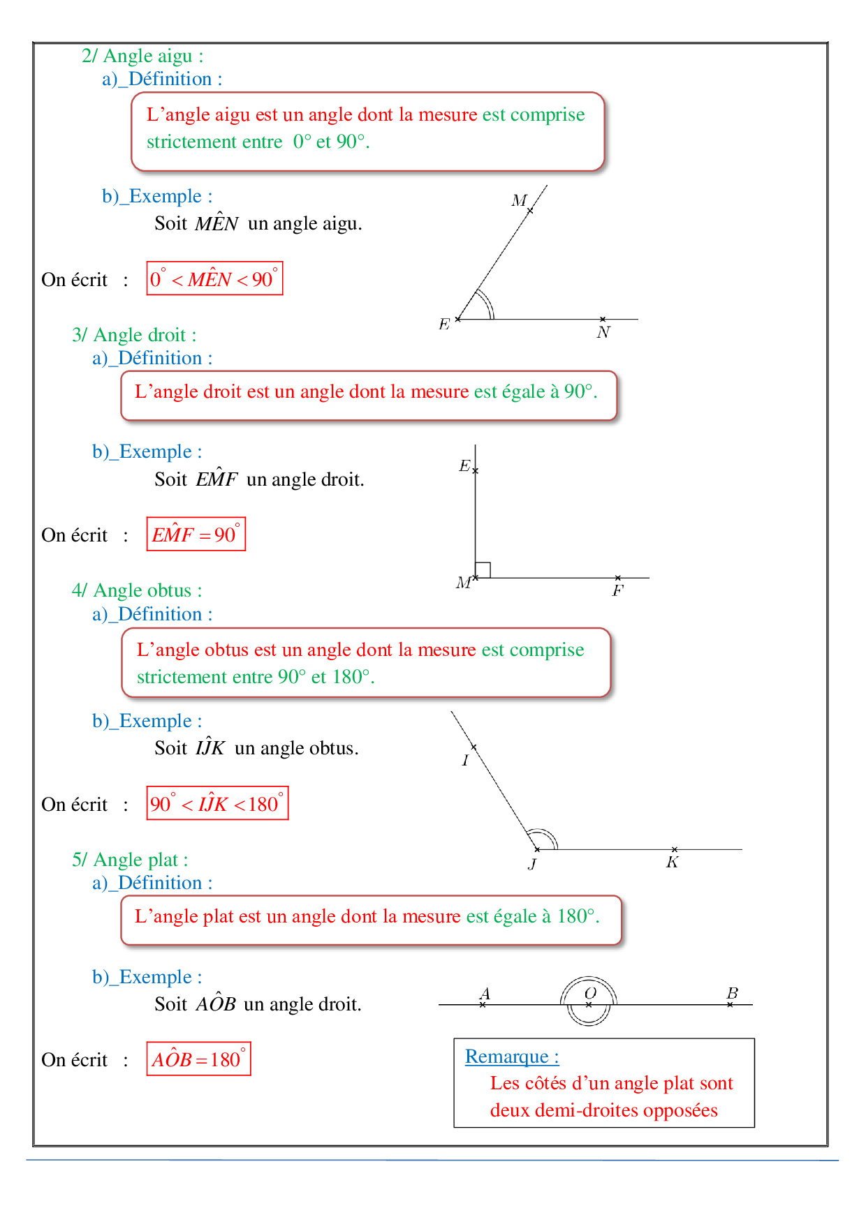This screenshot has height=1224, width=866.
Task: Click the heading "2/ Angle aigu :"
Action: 142,56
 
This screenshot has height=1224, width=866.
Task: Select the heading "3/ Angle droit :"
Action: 134,335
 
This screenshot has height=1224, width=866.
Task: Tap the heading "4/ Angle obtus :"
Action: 137,590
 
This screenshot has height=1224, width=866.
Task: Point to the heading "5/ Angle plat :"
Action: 130,860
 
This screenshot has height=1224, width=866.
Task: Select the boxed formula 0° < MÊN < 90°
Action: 214,278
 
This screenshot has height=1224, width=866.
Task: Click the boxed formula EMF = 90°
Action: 196,535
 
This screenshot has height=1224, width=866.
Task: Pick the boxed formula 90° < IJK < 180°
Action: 217,803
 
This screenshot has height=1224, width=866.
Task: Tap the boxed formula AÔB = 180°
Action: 198,1059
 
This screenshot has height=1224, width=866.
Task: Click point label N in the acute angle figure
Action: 603,333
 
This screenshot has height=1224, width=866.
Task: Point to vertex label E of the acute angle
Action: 444,324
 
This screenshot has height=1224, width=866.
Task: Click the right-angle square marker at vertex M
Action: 483,570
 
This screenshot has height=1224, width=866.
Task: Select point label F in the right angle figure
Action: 618,591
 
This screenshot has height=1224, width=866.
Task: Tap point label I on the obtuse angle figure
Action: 465,761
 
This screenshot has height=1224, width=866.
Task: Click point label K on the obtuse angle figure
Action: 672,863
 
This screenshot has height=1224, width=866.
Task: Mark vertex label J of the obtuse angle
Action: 532,865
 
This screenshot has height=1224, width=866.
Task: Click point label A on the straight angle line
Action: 485,993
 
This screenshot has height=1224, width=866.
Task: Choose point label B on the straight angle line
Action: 732,992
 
